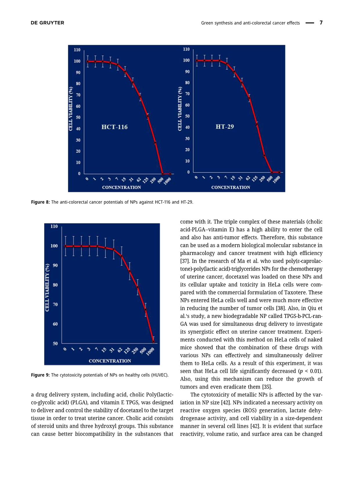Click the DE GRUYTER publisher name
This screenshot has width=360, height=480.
[x=47, y=23]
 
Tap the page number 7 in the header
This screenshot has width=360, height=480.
[x=321, y=23]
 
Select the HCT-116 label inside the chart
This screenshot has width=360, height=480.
[x=114, y=127]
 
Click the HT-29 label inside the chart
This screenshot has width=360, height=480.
[x=225, y=127]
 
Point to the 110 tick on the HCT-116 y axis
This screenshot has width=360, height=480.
[x=77, y=50]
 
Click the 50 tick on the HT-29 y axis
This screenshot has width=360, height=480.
[x=187, y=116]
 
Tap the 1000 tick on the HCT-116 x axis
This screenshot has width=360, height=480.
[x=167, y=181]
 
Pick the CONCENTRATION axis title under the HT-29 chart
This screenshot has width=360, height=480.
[x=231, y=187]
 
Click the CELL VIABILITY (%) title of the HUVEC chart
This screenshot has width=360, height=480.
[x=47, y=287]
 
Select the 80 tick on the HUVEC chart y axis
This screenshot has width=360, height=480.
[x=55, y=285]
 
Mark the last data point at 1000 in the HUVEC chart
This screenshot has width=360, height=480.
[x=154, y=342]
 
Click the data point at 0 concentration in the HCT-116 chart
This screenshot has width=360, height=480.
[x=88, y=61]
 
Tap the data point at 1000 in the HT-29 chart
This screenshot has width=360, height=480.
[x=279, y=172]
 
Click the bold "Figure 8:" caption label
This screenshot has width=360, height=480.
[x=40, y=202]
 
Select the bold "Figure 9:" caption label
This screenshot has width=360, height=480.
[x=40, y=375]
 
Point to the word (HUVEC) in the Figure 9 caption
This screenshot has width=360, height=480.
[x=159, y=375]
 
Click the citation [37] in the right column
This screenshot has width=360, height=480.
[x=185, y=261]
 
